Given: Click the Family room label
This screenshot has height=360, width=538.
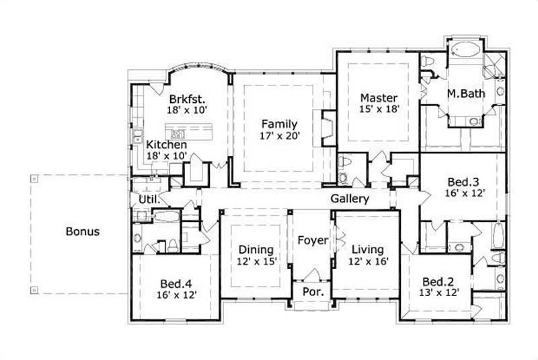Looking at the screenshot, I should pyautogui.click(x=280, y=123).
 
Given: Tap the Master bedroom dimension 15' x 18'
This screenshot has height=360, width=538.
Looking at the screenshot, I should pyautogui.click(x=379, y=110).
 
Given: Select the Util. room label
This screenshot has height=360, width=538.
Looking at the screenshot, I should pyautogui.click(x=149, y=200).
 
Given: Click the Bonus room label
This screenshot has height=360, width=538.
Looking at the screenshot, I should pyautogui.click(x=83, y=231).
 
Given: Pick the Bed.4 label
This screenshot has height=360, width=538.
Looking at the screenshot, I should pyautogui.click(x=178, y=283).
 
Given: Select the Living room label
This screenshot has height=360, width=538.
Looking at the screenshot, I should pyautogui.click(x=367, y=248).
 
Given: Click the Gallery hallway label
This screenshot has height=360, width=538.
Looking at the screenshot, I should pyautogui.click(x=350, y=199).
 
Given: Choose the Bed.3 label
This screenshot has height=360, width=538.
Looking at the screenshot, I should pyautogui.click(x=464, y=181).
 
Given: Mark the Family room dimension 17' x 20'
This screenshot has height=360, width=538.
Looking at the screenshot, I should pyautogui.click(x=280, y=135).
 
